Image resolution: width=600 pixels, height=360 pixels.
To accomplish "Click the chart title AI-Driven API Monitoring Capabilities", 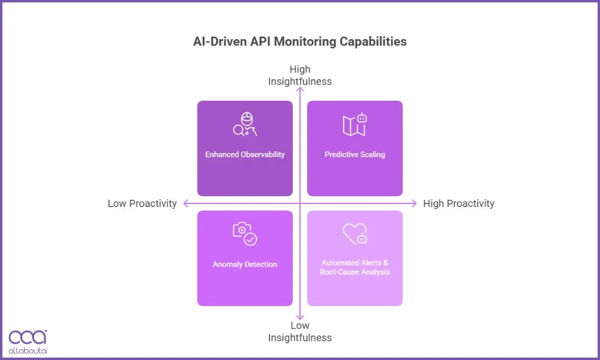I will click(299, 41).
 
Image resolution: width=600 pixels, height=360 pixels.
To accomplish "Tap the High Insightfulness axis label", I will click(299, 75).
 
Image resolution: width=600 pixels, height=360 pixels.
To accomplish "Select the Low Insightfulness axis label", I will click(299, 331).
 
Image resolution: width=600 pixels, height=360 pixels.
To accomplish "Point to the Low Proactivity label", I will click(142, 203).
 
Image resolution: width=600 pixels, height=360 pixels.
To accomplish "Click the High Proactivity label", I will click(458, 203).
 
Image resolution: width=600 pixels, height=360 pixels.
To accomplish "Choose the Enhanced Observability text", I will click(245, 154).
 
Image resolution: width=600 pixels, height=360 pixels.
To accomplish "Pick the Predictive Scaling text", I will click(355, 154).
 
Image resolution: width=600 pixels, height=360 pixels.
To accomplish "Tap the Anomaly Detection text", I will click(245, 264).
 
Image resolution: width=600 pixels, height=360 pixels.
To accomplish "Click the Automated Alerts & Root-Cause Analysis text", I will click(355, 267).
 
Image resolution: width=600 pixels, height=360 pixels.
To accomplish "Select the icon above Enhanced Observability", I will click(245, 124).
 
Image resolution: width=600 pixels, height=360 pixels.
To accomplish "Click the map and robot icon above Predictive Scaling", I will click(355, 124).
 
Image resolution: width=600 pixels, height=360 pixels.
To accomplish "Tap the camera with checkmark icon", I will click(245, 234).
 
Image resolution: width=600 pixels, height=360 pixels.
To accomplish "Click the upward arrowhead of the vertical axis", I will click(300, 90).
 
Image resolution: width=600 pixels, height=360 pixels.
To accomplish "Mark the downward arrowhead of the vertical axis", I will click(300, 317).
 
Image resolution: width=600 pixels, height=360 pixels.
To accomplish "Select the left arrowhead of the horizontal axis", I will click(185, 203).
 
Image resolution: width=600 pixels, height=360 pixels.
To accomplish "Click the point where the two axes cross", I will click(300, 203).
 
